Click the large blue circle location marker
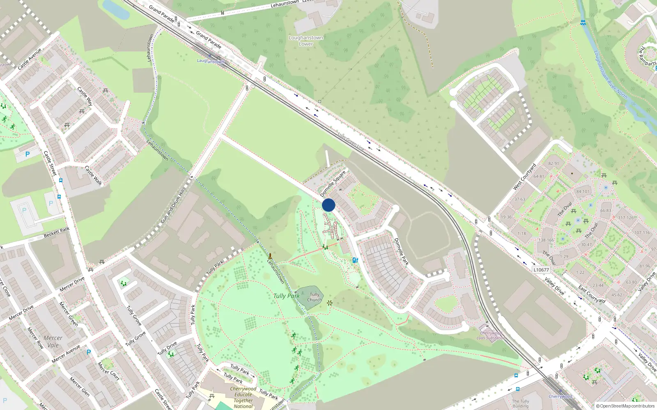click(328, 205)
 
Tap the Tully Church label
click(315, 297)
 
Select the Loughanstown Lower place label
click(306, 41)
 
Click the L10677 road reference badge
click(541, 270)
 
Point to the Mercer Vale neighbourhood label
click(53, 342)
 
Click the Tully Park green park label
click(286, 296)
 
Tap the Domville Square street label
click(333, 184)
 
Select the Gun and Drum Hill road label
click(172, 206)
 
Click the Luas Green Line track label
click(351, 141)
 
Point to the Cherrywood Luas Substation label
click(491, 335)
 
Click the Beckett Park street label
click(57, 232)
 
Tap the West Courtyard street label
click(525, 177)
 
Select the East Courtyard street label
click(592, 294)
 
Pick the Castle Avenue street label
click(30, 59)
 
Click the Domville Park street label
click(401, 251)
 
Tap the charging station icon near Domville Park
click(355, 260)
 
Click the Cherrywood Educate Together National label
click(243, 397)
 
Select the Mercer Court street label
click(108, 371)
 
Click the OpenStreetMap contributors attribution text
click(625, 406)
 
